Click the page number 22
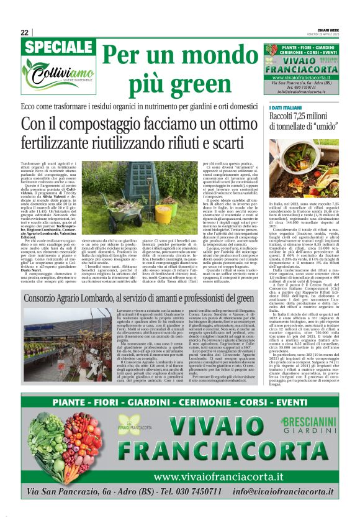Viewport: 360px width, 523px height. tap(24, 32)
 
